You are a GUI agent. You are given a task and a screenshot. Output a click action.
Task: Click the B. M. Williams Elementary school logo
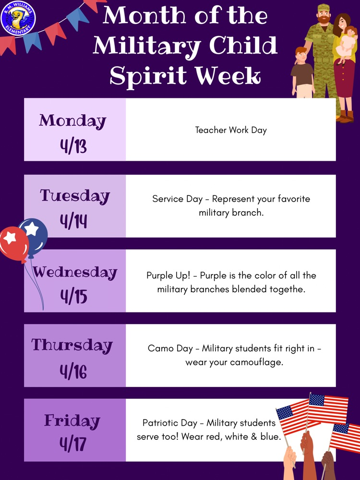click(19, 18)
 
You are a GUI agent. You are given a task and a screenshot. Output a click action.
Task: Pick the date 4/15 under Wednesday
click(73, 296)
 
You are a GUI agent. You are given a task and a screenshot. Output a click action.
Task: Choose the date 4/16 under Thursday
click(73, 371)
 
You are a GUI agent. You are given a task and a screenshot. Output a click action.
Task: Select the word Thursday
click(72, 345)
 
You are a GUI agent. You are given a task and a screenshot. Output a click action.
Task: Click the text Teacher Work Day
click(231, 130)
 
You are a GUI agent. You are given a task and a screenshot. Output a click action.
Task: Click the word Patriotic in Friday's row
click(160, 423)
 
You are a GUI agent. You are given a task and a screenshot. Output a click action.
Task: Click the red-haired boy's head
click(301, 54)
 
